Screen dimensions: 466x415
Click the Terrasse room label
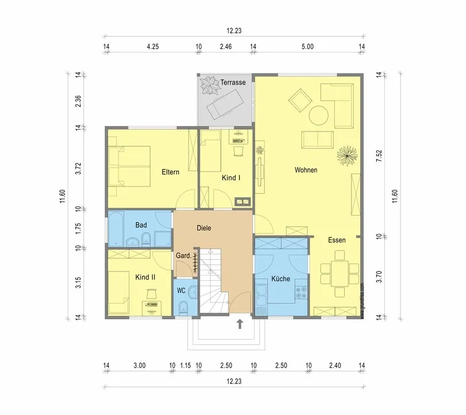tap(233, 82)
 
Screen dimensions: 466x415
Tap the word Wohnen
tap(306, 169)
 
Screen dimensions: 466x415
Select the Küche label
tap(281, 278)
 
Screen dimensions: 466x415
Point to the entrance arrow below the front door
tap(240, 324)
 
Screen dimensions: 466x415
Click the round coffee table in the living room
tap(319, 116)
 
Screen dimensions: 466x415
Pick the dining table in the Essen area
tap(340, 274)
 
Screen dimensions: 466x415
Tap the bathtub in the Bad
tap(116, 229)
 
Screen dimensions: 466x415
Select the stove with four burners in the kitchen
tap(301, 292)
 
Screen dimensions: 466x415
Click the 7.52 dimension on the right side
tap(379, 156)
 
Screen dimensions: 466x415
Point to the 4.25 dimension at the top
tap(153, 47)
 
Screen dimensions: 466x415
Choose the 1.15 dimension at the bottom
tap(185, 365)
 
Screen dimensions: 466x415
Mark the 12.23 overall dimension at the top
tap(234, 31)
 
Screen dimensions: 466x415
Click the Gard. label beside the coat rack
tap(184, 255)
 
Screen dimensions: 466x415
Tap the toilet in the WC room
tap(184, 307)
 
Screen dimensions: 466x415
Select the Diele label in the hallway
tap(204, 228)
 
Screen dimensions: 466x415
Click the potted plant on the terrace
tap(210, 85)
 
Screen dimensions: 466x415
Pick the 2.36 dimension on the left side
tap(78, 101)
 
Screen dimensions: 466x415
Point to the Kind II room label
tap(146, 277)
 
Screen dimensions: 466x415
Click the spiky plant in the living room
tap(347, 156)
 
